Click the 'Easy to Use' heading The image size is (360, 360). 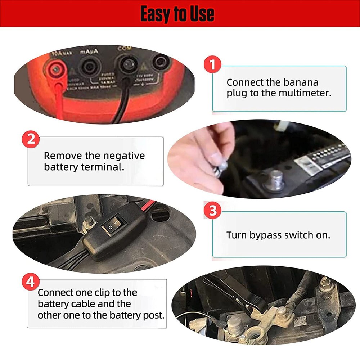[177, 14]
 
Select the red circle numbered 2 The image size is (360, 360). [31, 139]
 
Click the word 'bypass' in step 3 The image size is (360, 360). [265, 235]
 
